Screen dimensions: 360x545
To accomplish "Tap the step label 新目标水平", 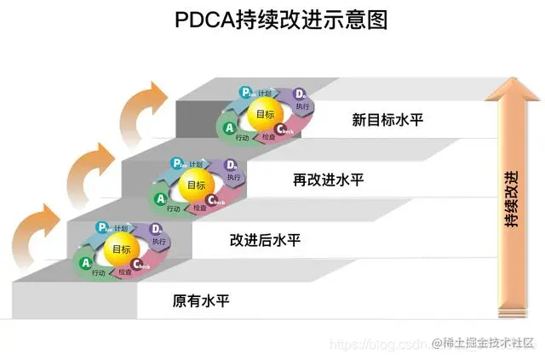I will click(387, 119).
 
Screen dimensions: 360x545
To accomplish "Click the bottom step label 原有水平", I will click(201, 300).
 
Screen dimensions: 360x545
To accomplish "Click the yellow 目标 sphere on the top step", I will click(265, 114).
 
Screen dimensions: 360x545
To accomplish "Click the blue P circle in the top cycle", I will click(244, 93).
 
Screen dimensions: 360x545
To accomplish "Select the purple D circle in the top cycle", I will click(299, 94).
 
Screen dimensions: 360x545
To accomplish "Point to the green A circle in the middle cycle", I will click(160, 198).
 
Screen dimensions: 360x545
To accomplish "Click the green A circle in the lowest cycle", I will click(86, 264).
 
